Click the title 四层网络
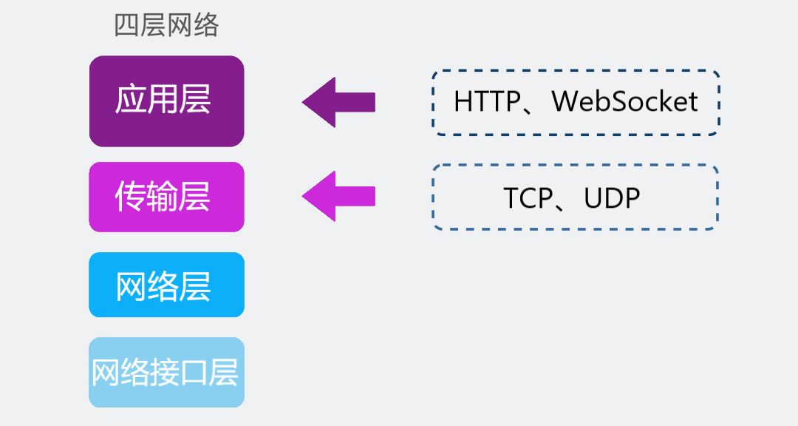click(166, 26)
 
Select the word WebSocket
click(624, 101)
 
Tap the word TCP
click(528, 198)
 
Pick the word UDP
click(611, 198)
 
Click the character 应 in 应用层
click(131, 100)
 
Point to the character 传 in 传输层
click(131, 197)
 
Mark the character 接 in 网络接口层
click(165, 373)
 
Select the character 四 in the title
click(127, 26)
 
